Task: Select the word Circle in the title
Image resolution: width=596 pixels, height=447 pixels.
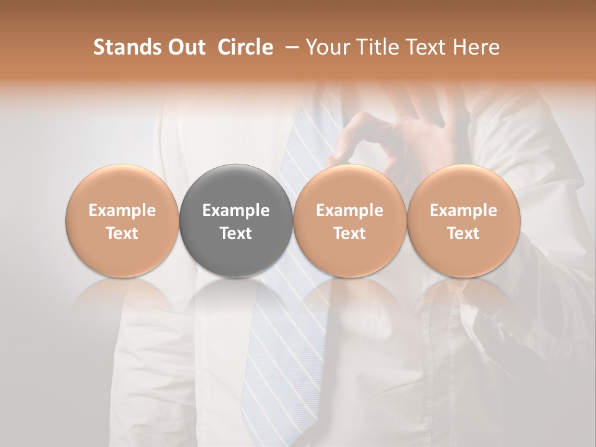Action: pyautogui.click(x=245, y=47)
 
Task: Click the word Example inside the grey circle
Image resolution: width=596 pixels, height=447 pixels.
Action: pyautogui.click(x=236, y=210)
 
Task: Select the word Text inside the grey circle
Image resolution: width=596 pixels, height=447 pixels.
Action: pyautogui.click(x=236, y=233)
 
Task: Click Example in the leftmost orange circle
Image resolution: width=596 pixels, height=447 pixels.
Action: pyautogui.click(x=122, y=210)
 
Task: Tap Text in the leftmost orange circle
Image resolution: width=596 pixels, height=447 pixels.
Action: pyautogui.click(x=122, y=233)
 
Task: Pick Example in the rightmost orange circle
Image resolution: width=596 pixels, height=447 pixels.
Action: pyautogui.click(x=464, y=210)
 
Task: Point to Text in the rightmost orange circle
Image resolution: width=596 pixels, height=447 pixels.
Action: pyautogui.click(x=464, y=233)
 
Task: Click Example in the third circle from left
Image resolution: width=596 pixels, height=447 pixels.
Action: pyautogui.click(x=350, y=210)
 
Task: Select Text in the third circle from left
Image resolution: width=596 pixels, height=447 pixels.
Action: pyautogui.click(x=350, y=233)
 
